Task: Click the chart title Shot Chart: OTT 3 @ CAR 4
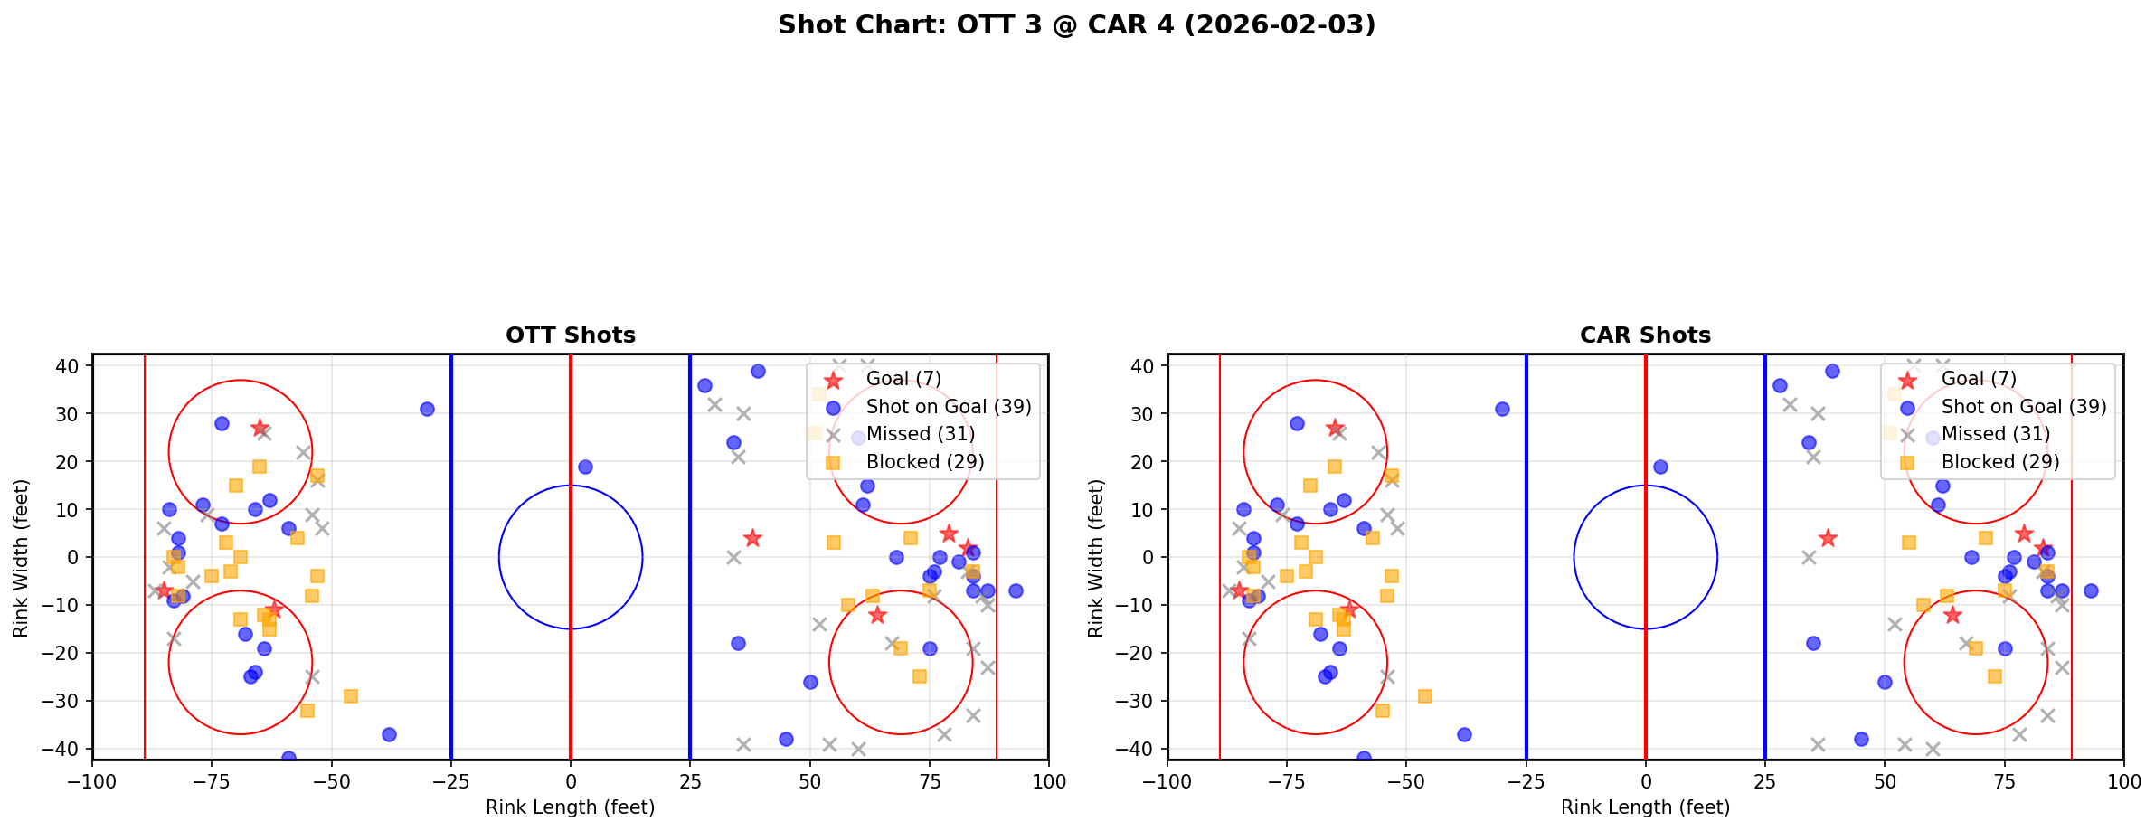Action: coord(1076,24)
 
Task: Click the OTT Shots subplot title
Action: coord(570,335)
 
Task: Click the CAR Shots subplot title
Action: coord(1645,335)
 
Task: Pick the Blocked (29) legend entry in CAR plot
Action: coord(1999,462)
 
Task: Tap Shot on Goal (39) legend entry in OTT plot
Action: coord(948,407)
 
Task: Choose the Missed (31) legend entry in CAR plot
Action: coord(1995,434)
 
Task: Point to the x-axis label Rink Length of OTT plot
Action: coord(570,807)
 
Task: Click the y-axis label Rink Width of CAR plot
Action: coord(1096,558)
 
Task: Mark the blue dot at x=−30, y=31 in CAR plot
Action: coord(1502,409)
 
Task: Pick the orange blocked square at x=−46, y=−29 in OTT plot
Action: coord(351,696)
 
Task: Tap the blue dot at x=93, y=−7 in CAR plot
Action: coord(2090,590)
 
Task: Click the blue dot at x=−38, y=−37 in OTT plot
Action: coord(389,734)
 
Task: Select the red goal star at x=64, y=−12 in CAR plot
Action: coord(1952,615)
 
